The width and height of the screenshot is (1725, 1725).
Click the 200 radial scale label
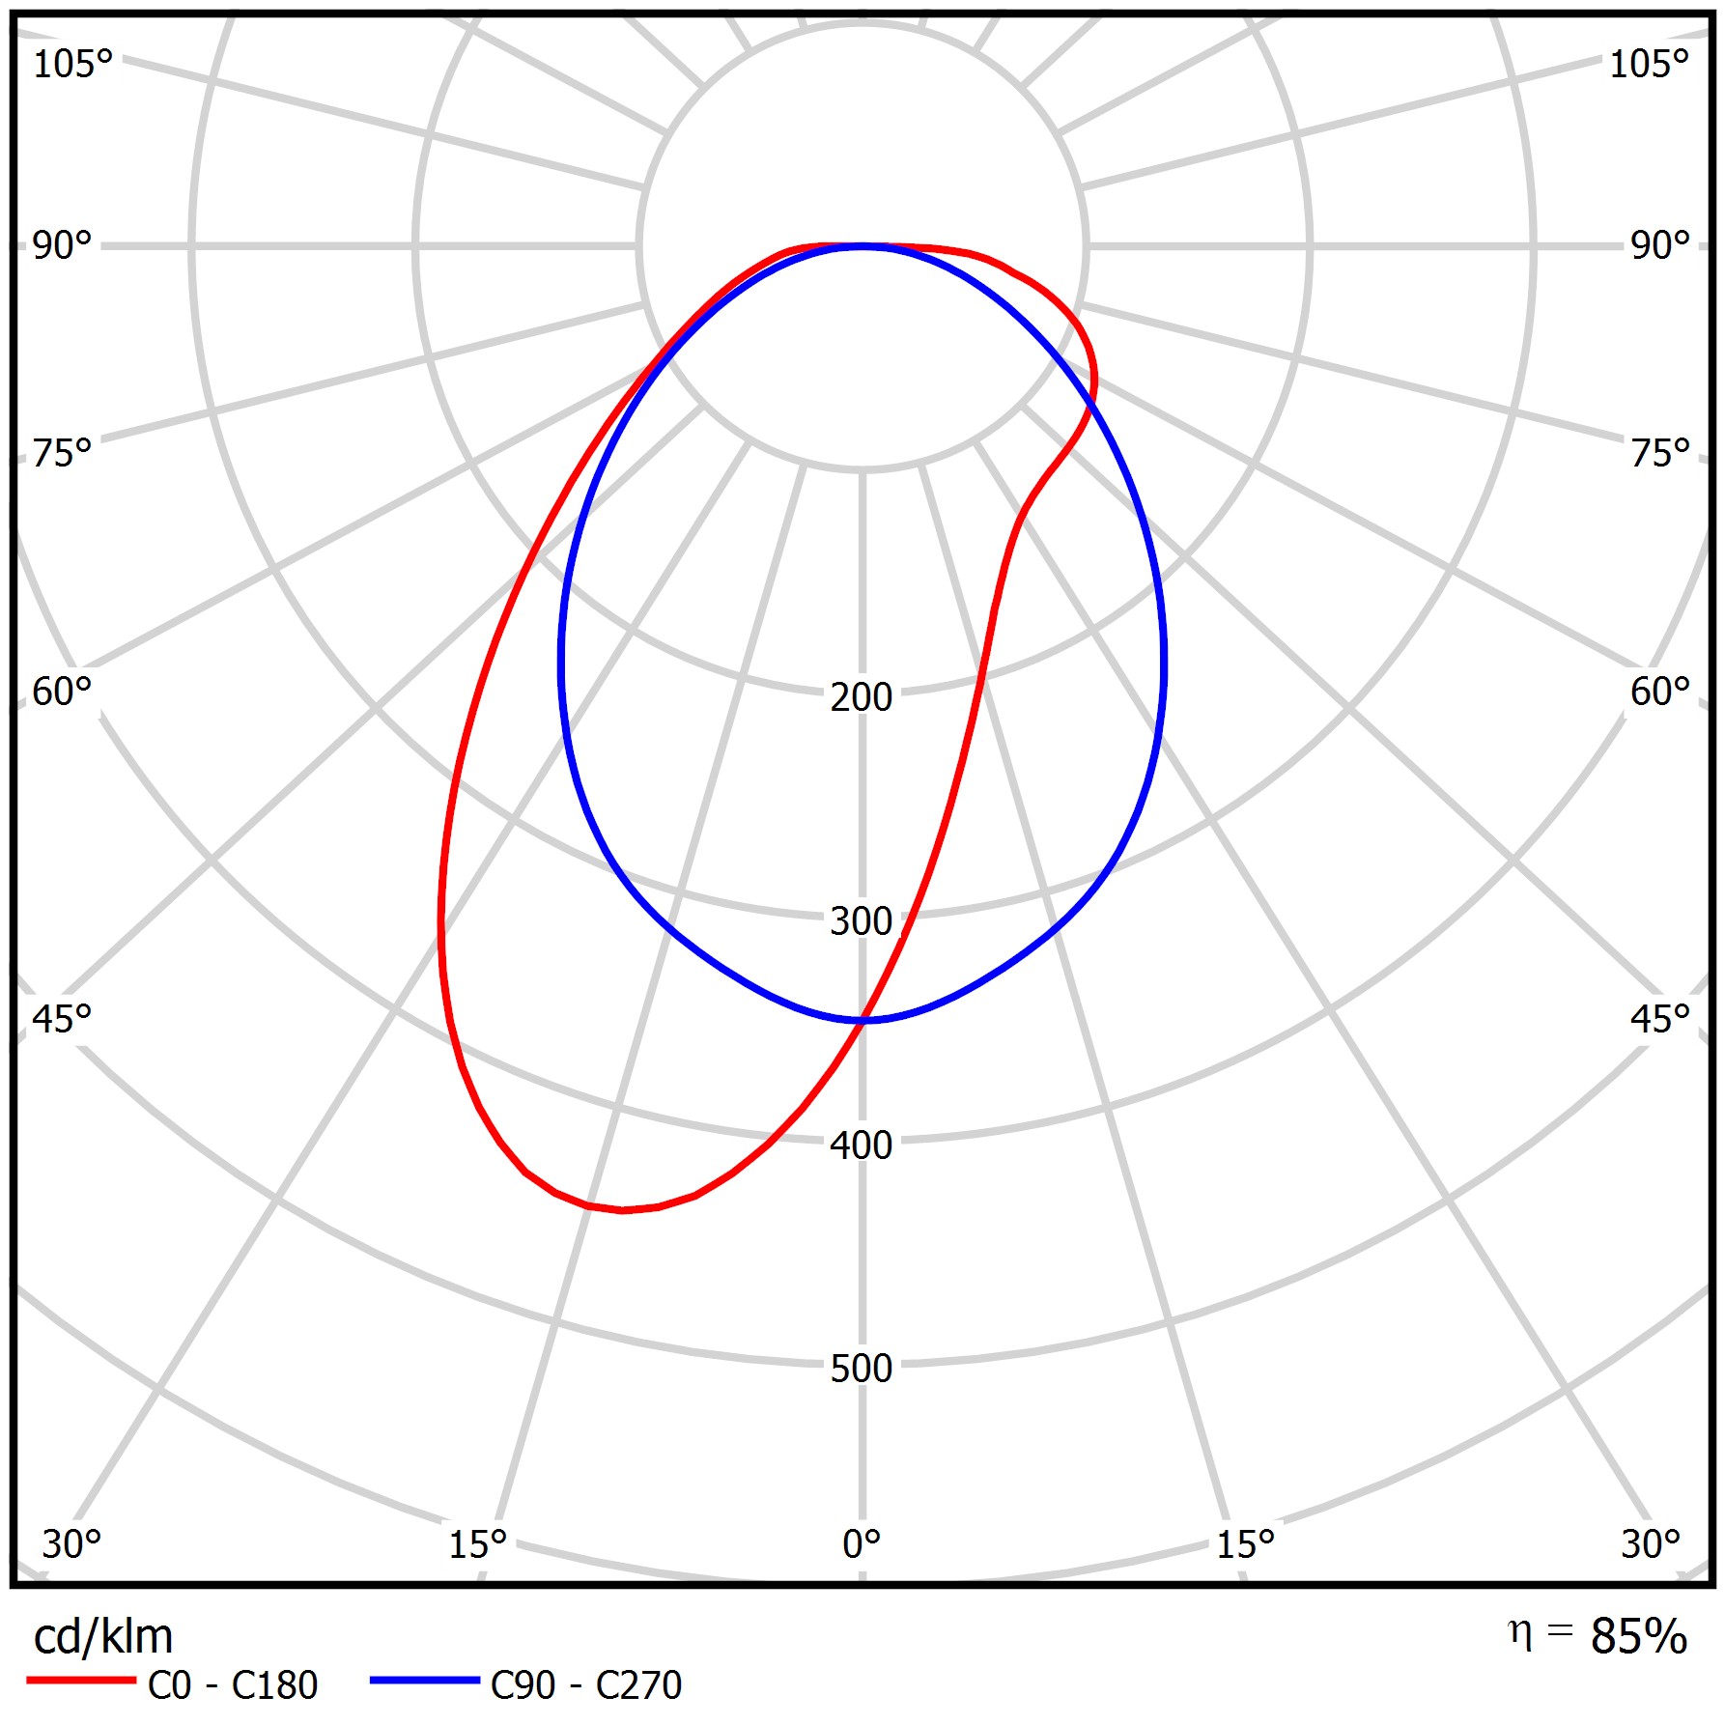861,696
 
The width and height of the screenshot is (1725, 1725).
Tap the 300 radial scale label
861,921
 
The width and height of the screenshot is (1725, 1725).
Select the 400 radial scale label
861,1145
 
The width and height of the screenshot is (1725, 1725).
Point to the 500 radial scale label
861,1369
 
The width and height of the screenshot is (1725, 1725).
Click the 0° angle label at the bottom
861,1543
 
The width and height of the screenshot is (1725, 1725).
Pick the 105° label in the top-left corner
72,64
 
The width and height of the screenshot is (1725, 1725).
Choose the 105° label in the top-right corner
1649,64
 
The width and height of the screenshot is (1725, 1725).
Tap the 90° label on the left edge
62,245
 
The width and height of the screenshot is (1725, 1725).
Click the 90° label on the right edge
1660,245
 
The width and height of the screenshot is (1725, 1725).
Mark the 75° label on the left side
62,453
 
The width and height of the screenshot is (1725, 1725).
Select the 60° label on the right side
1660,692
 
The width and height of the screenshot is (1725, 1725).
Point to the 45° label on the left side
62,1019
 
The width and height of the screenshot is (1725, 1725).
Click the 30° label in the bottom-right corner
1651,1543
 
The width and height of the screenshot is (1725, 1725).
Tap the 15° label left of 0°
477,1544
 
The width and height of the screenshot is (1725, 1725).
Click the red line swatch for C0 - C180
81,1681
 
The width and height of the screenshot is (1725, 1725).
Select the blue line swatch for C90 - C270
424,1681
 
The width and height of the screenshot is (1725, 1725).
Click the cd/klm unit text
103,1636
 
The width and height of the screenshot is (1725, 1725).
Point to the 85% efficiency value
1638,1636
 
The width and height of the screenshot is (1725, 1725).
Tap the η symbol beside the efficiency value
1519,1633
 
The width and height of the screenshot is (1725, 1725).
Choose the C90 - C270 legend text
586,1685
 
